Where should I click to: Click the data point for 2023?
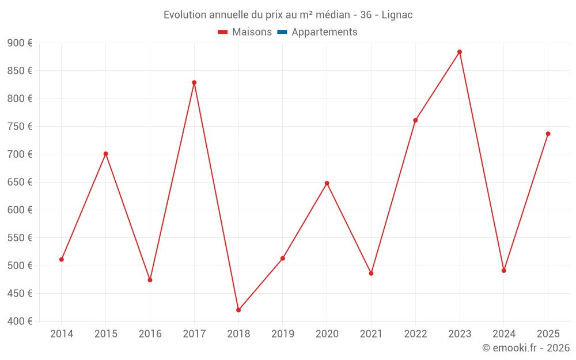[x=460, y=52]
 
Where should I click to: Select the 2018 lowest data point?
[x=238, y=310]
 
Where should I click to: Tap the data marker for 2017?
[x=194, y=82]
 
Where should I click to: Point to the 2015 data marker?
[x=106, y=154]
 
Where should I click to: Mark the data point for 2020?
[x=327, y=183]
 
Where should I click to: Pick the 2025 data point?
[x=548, y=134]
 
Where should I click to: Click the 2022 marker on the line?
[x=415, y=120]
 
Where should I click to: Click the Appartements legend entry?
[x=324, y=32]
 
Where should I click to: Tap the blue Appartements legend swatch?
[x=282, y=32]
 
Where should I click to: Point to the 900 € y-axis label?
[x=20, y=43]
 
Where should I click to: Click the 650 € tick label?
[x=20, y=182]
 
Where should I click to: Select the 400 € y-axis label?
[x=20, y=321]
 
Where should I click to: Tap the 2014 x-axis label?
[x=62, y=334]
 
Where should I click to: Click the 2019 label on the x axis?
[x=283, y=334]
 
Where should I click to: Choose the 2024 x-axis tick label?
[x=503, y=334]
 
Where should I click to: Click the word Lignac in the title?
[x=397, y=15]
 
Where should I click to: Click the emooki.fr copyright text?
[x=525, y=348]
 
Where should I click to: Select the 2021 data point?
[x=371, y=273]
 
